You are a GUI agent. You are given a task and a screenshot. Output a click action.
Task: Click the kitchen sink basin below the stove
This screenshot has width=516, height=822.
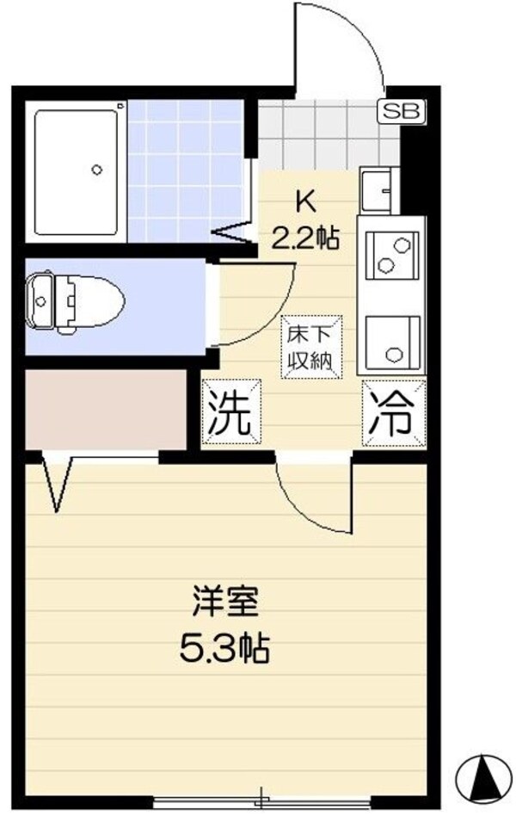pyautogui.click(x=393, y=341)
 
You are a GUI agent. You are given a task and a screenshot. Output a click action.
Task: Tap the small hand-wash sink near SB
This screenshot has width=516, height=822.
pyautogui.click(x=378, y=187)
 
